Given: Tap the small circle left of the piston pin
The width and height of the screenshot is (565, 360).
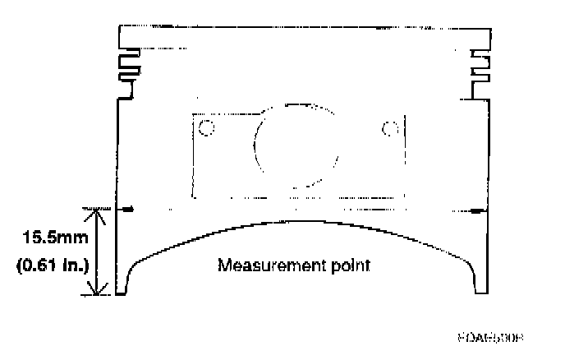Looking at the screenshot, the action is click(x=207, y=127).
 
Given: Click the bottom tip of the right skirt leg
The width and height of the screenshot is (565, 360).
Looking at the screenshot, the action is click(x=484, y=292).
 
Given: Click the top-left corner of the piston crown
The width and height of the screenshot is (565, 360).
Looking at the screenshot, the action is click(x=121, y=28).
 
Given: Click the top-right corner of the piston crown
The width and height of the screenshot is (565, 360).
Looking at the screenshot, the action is click(x=491, y=28).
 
